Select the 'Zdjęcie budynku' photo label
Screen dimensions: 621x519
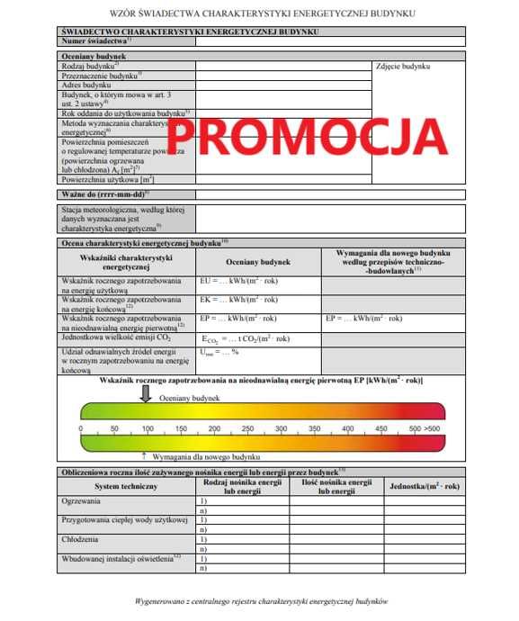click(401, 67)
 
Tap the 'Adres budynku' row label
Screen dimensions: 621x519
click(85, 85)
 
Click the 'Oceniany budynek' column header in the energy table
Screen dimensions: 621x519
click(258, 262)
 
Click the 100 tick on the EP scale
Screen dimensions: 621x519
click(147, 428)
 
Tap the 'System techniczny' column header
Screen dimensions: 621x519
click(125, 486)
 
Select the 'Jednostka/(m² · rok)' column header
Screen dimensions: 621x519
click(424, 486)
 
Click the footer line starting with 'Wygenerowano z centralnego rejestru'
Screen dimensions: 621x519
click(259, 599)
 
